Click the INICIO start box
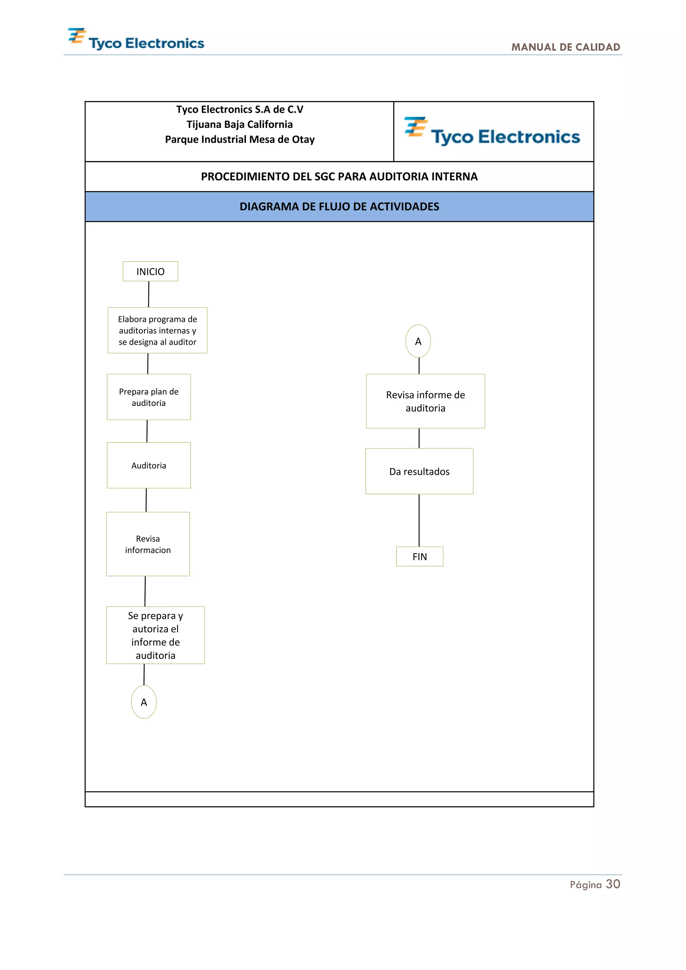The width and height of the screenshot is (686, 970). click(x=150, y=271)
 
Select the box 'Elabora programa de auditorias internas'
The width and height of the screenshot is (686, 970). click(x=157, y=330)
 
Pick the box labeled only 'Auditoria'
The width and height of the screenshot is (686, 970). click(x=149, y=465)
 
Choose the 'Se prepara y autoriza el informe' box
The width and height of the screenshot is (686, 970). click(x=155, y=635)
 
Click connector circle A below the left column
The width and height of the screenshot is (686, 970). click(x=144, y=702)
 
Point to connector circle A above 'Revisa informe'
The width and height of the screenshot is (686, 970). click(x=418, y=341)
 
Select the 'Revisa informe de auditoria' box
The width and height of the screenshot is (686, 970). click(x=425, y=401)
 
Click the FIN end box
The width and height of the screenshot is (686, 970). click(x=419, y=556)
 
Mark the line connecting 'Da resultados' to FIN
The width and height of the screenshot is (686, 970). click(x=419, y=520)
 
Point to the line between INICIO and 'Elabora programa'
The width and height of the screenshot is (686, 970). click(x=149, y=294)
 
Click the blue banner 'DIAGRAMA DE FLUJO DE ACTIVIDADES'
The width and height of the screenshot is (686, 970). click(x=339, y=206)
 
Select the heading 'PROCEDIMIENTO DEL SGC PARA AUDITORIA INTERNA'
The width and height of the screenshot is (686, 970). click(x=339, y=176)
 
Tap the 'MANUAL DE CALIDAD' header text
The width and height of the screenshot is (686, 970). click(x=566, y=47)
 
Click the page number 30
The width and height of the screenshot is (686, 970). click(x=613, y=884)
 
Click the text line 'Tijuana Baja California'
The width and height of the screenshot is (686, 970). click(x=239, y=124)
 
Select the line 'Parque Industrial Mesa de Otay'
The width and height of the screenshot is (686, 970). click(x=239, y=139)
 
